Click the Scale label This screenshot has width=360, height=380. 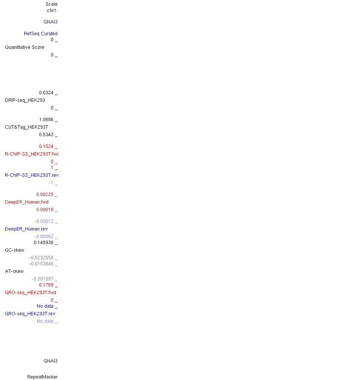52,4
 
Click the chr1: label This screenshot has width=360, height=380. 52,11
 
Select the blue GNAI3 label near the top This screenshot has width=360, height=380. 50,22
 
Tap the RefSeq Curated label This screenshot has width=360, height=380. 41,34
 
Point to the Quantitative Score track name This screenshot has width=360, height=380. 25,47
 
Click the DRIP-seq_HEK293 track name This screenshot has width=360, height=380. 25,100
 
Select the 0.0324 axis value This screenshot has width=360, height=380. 46,93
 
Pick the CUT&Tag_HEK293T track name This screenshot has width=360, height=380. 27,127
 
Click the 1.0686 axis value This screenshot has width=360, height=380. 46,120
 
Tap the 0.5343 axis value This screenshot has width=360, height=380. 46,135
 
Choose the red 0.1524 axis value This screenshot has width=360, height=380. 46,146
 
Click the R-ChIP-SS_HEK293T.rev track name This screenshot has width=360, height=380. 31,175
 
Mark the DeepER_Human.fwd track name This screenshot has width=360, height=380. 27,202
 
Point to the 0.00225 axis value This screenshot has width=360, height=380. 45,195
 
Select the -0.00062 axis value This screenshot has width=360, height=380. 44,237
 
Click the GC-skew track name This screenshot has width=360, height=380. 14,250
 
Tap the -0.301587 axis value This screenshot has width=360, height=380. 42,279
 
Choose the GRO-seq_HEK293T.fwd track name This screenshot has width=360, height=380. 30,293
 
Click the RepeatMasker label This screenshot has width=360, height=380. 42,377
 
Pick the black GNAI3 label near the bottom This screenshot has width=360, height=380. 50,361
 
